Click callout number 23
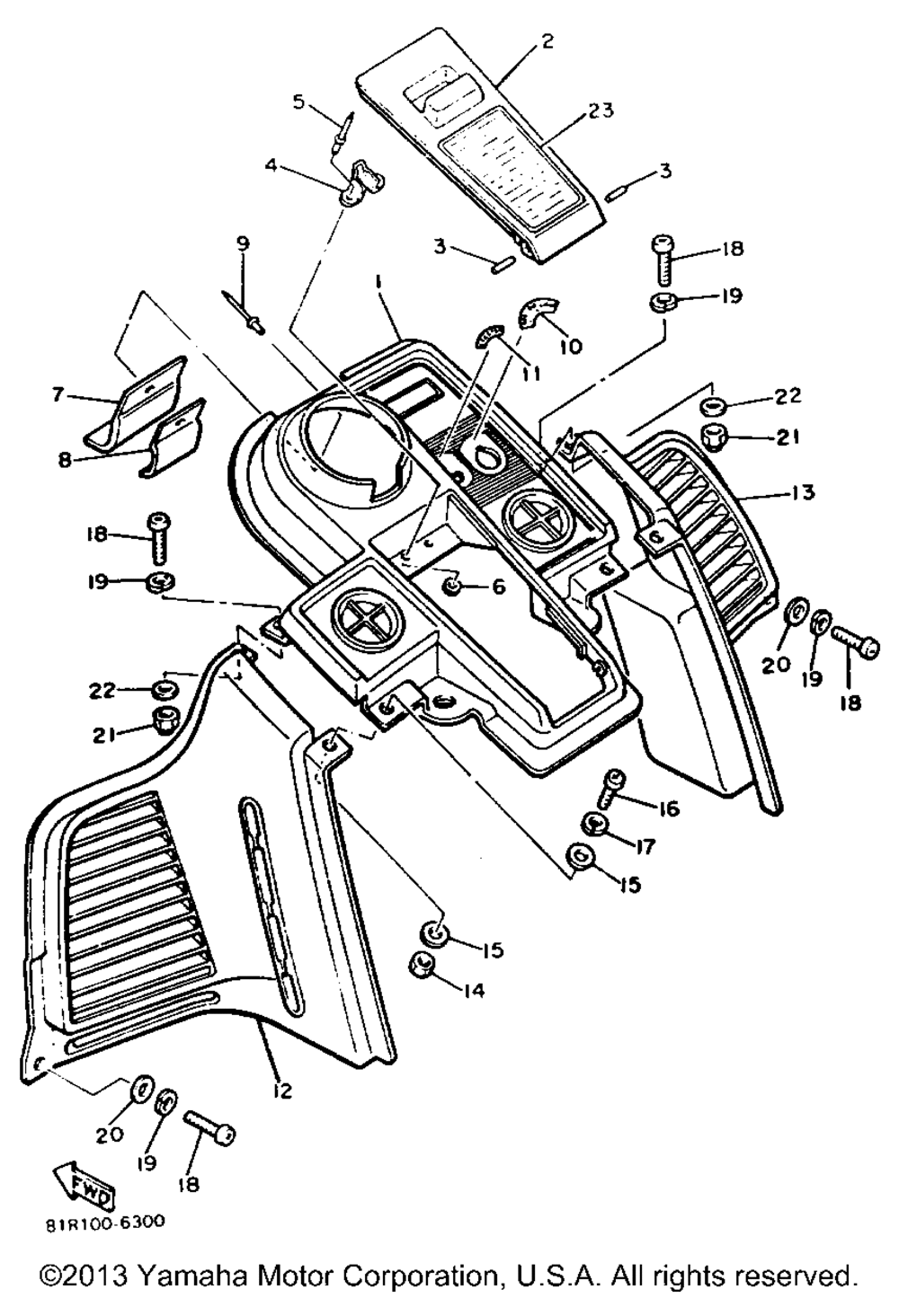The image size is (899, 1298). point(601,111)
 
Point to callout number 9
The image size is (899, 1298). point(242,244)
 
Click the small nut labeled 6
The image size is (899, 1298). point(451,587)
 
